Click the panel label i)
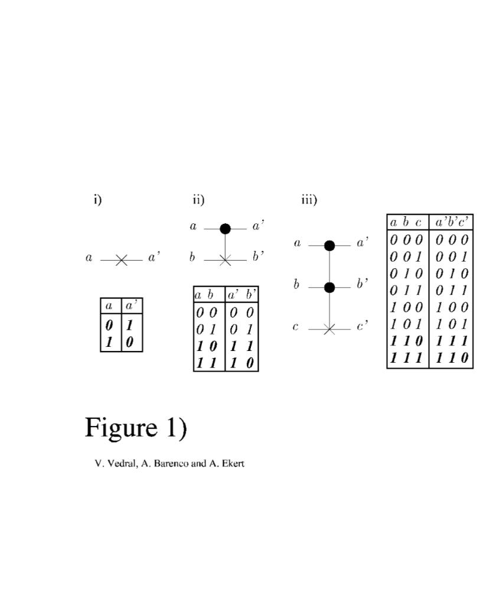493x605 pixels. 97,199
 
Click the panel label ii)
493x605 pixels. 198,199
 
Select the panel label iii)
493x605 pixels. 309,199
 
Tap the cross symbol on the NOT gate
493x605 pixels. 121,259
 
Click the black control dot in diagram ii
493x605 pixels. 225,229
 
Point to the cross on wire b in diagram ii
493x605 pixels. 225,259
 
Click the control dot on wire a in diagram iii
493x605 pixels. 329,245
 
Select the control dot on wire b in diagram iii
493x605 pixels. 329,287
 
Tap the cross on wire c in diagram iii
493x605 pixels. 329,329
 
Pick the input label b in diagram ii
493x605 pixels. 192,257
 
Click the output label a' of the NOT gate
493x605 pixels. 154,257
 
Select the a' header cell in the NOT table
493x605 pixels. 132,305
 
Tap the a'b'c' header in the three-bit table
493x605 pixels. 452,223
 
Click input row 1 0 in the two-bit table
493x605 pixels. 207,346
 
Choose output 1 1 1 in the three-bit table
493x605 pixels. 452,341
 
